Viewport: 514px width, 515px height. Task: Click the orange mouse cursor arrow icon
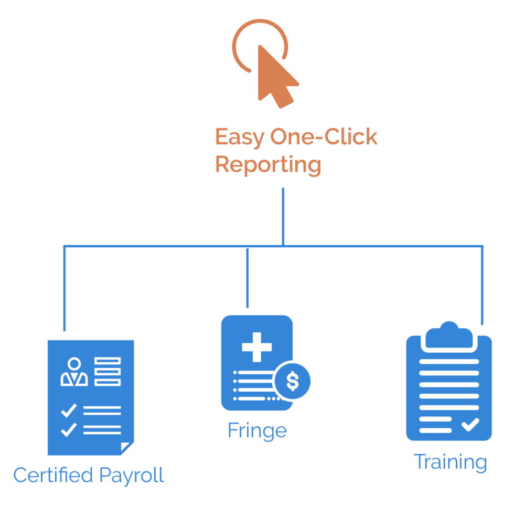coord(275,76)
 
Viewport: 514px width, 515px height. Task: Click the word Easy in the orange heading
coord(239,138)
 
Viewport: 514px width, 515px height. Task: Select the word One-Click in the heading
coord(324,138)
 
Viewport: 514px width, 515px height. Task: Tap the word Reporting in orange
coord(267,165)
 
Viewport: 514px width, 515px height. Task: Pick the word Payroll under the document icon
coord(131,475)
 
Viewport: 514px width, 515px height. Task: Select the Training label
coord(450,463)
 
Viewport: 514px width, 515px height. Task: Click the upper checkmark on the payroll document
coord(69,410)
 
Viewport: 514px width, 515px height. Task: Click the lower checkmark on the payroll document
coord(69,430)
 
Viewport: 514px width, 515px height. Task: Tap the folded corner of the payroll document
coord(127,448)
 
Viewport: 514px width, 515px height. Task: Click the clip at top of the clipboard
coord(449,336)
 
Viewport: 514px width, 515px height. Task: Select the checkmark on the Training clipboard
coord(470,424)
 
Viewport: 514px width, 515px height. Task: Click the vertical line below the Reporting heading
coord(283,215)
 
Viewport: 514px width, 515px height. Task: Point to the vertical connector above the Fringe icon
coord(247,278)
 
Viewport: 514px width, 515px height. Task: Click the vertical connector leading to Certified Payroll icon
coord(65,289)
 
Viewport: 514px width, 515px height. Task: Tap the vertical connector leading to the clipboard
coord(481,286)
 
